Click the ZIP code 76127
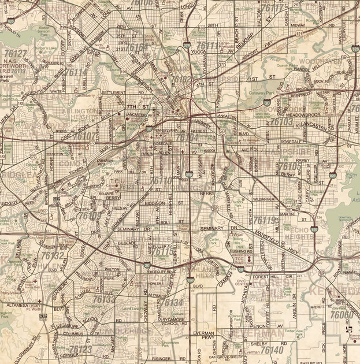coord(15,54)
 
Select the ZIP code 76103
coord(281,122)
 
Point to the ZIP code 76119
coord(265,220)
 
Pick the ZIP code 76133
coord(105,299)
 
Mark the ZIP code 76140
coord(272,350)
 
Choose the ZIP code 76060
coord(342,315)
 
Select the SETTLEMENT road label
coord(113,92)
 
